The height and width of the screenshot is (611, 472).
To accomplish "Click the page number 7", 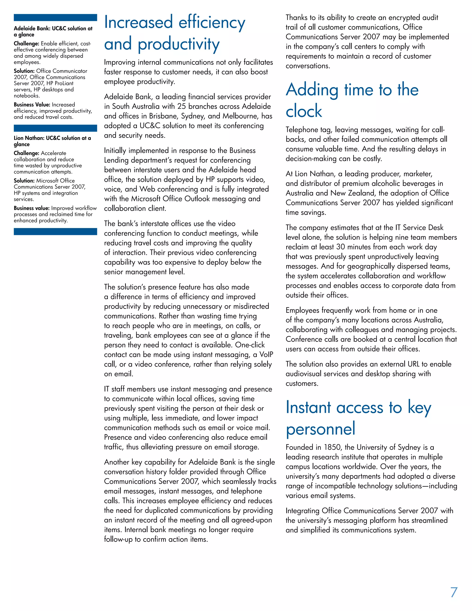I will click(x=454, y=593).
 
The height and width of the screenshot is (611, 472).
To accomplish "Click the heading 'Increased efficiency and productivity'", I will click(x=174, y=33).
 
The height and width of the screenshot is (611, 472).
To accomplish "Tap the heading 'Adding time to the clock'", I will click(x=352, y=100).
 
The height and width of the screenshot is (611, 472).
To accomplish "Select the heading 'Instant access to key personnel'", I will click(x=358, y=418).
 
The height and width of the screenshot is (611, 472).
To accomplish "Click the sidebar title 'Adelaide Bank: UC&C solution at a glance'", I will click(x=53, y=31).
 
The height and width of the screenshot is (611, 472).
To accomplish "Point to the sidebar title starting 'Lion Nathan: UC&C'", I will click(x=52, y=141).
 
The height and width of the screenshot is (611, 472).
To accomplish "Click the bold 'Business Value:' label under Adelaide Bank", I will click(x=32, y=105).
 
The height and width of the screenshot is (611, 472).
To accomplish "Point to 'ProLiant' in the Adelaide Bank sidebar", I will click(x=64, y=83).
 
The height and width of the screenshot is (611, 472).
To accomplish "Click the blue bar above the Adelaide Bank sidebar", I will click(x=55, y=18).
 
